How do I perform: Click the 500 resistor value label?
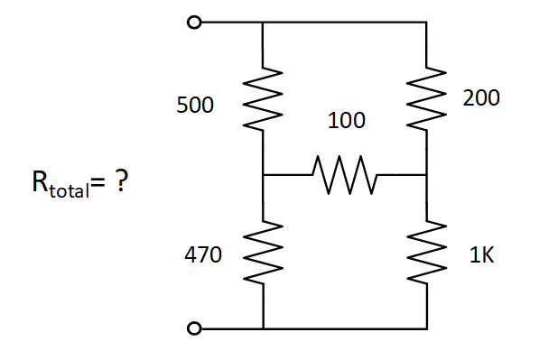pyautogui.click(x=195, y=106)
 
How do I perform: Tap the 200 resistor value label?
pyautogui.click(x=480, y=99)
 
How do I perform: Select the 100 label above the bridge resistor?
pyautogui.click(x=346, y=120)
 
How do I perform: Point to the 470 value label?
pyautogui.click(x=202, y=256)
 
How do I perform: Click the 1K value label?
pyautogui.click(x=481, y=256)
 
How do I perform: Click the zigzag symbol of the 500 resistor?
pyautogui.click(x=262, y=97)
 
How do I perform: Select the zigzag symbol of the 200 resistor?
pyautogui.click(x=425, y=97)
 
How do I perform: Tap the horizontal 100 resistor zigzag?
pyautogui.click(x=343, y=174)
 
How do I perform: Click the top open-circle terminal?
pyautogui.click(x=192, y=23)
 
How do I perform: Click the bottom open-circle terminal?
pyautogui.click(x=192, y=328)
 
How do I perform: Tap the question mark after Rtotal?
pyautogui.click(x=119, y=183)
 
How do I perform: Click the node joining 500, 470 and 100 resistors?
pyautogui.click(x=262, y=174)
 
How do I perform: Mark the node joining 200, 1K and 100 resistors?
pyautogui.click(x=425, y=174)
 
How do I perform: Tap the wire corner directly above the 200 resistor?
pyautogui.click(x=425, y=23)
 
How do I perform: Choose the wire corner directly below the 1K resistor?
pyautogui.click(x=425, y=328)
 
